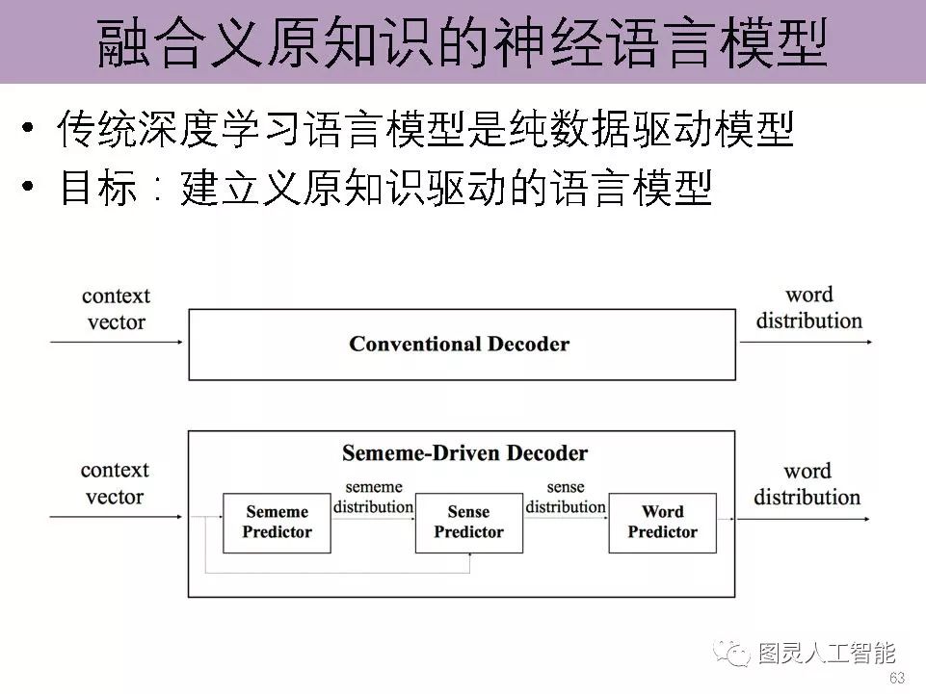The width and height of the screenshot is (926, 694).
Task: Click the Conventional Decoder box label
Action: click(x=459, y=344)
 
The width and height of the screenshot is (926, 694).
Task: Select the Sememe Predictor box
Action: click(x=277, y=523)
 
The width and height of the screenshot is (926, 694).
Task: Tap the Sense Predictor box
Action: click(x=468, y=523)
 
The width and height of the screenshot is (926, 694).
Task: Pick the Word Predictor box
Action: click(x=662, y=523)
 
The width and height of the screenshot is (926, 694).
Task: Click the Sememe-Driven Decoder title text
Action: click(x=464, y=452)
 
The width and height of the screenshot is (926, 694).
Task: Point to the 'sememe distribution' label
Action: click(x=373, y=497)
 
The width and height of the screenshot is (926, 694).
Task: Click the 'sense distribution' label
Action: click(x=566, y=497)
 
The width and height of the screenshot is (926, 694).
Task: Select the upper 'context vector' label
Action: click(x=116, y=308)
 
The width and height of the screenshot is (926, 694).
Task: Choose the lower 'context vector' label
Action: click(x=115, y=483)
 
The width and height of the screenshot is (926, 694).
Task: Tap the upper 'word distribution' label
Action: click(x=808, y=307)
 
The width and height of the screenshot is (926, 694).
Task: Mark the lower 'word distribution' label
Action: click(x=807, y=483)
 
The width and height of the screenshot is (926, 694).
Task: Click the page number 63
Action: click(x=896, y=678)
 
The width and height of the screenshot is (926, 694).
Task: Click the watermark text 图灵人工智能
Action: click(x=827, y=654)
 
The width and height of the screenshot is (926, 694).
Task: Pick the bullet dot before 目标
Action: click(x=31, y=189)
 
